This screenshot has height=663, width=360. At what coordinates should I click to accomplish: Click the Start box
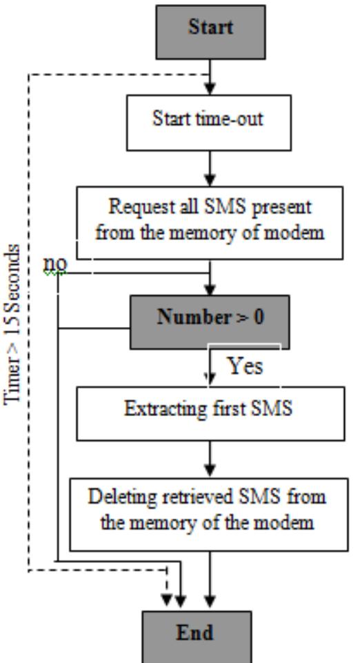pos(212,29)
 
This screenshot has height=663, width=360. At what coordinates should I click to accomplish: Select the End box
pos(212,633)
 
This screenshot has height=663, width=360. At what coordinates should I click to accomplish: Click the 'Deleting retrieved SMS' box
pos(212,511)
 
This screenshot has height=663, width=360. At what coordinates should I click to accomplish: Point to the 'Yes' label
pos(246,367)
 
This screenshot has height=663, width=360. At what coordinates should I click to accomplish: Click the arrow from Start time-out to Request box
pos(212,168)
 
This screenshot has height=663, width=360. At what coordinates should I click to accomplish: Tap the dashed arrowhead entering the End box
pos(166,598)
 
